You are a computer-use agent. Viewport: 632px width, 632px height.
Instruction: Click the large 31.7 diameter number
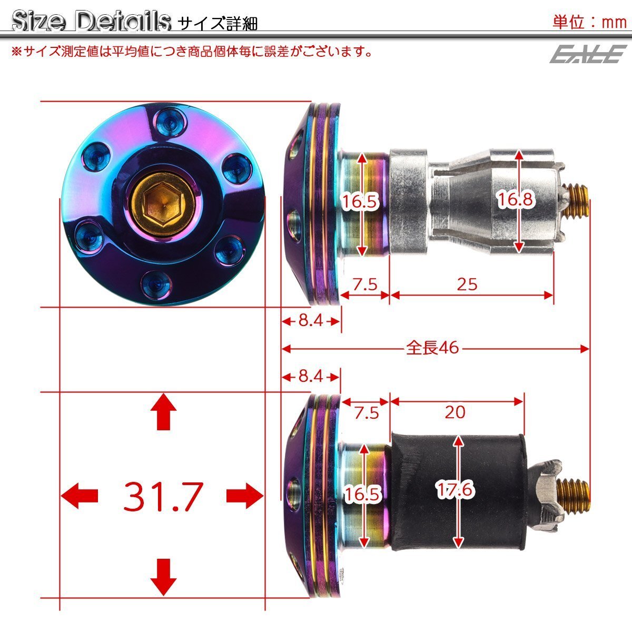point(162,496)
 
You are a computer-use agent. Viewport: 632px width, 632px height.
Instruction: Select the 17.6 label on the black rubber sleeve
point(456,490)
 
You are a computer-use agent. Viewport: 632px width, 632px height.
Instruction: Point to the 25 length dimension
point(467,284)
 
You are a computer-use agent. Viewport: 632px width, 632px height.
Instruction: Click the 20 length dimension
point(455,411)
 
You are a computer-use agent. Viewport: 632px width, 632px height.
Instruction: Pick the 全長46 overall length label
point(432,348)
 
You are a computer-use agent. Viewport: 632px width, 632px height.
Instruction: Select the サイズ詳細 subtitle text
point(218,24)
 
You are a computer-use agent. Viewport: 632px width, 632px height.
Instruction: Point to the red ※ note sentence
point(192,52)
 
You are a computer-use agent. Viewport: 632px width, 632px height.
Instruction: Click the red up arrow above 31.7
point(163,413)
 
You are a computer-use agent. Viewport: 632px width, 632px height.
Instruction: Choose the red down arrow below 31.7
point(163,577)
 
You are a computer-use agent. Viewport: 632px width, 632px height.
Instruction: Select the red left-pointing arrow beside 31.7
point(80,496)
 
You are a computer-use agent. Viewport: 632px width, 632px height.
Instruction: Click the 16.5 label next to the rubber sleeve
point(362,493)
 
